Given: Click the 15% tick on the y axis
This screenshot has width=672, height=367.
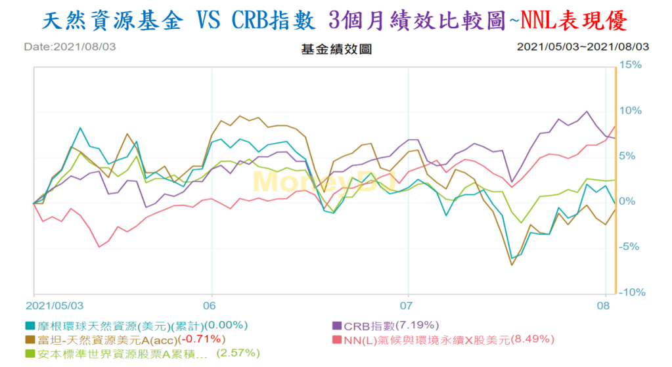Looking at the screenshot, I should click(x=631, y=65).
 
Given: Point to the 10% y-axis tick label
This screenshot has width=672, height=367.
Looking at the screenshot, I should click(x=631, y=110).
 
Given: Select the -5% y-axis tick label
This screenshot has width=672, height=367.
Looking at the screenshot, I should click(x=631, y=247).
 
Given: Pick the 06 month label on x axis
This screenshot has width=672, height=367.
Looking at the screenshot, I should click(x=211, y=305).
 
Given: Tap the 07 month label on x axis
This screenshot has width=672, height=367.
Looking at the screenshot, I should click(x=408, y=305).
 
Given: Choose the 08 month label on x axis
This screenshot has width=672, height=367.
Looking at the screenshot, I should click(x=605, y=305).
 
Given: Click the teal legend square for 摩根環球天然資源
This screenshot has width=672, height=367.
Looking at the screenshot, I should click(x=30, y=325).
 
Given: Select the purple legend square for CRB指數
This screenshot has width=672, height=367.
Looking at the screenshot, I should click(x=337, y=325).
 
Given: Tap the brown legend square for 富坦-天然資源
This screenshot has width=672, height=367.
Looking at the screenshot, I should click(x=30, y=339).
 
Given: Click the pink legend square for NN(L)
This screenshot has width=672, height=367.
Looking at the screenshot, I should click(x=337, y=339).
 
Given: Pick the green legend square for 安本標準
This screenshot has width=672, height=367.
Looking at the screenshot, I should click(x=30, y=353).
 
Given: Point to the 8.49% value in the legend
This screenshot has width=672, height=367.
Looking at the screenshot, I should click(x=533, y=339).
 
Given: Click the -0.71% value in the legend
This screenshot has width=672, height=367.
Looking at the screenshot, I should click(x=203, y=339).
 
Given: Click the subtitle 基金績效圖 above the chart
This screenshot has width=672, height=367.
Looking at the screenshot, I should click(x=326, y=49).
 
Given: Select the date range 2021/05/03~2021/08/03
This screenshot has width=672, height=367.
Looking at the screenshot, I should click(x=583, y=47).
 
